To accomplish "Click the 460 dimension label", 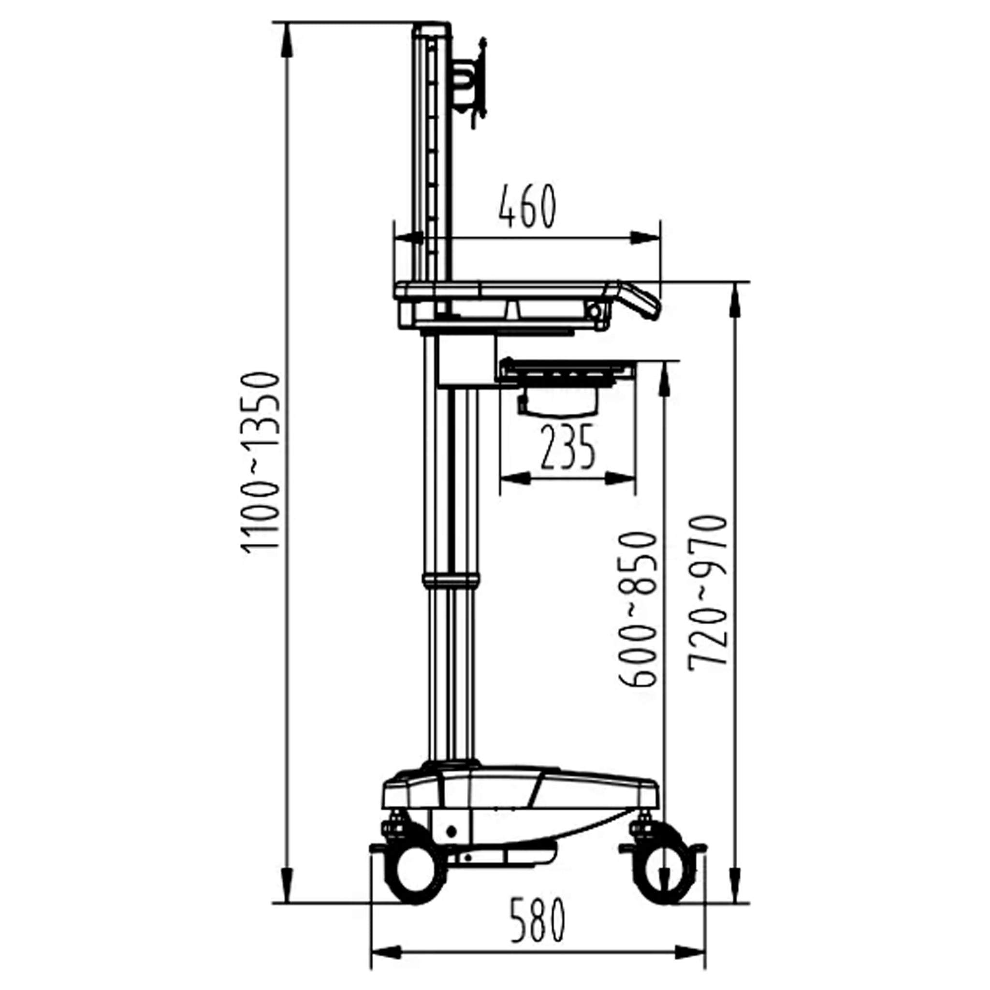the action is pos(527,206).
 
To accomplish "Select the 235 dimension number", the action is pos(568,447).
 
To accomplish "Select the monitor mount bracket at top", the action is pos(470,82).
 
